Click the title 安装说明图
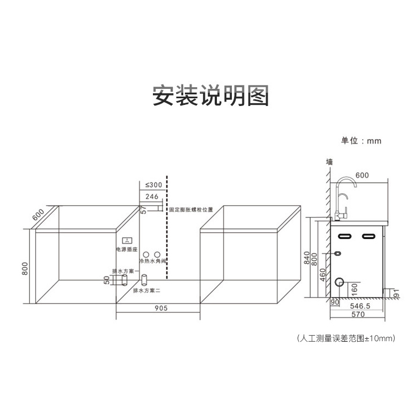coord(211,95)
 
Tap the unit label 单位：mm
coord(361,141)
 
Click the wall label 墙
coord(330,162)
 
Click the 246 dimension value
coord(152,197)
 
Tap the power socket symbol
coord(127,241)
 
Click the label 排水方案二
coord(146,290)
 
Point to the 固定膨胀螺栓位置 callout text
coord(191,210)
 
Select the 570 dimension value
coord(359,315)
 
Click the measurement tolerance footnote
coord(346,337)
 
